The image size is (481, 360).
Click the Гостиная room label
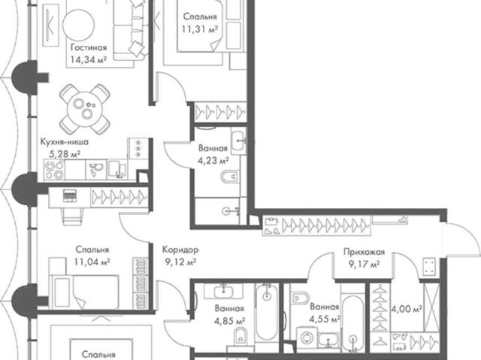(x=89, y=48)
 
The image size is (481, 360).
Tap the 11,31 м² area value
(x=199, y=29)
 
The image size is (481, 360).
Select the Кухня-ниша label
(x=65, y=142)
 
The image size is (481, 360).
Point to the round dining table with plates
(x=85, y=109)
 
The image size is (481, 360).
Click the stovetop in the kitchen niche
(x=54, y=170)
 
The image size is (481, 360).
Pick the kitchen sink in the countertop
(x=117, y=170)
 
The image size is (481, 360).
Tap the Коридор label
(x=180, y=250)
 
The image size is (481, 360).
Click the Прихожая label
(x=364, y=252)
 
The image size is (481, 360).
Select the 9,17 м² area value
(x=364, y=264)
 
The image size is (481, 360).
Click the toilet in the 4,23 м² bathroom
(x=230, y=177)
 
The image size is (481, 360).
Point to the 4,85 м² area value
(x=229, y=321)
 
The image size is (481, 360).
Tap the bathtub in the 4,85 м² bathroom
(x=267, y=312)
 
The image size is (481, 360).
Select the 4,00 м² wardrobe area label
(x=406, y=309)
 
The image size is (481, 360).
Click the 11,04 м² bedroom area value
(x=92, y=262)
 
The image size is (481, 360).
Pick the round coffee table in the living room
(x=79, y=25)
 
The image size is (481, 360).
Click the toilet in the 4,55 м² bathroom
(x=300, y=298)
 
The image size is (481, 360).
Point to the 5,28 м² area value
(x=65, y=153)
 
